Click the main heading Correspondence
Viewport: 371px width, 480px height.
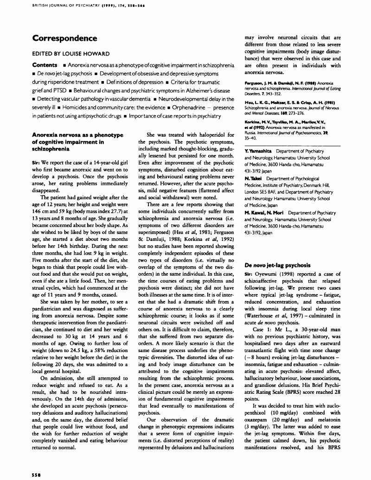(65, 38)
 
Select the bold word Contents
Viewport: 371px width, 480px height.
(45, 65)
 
